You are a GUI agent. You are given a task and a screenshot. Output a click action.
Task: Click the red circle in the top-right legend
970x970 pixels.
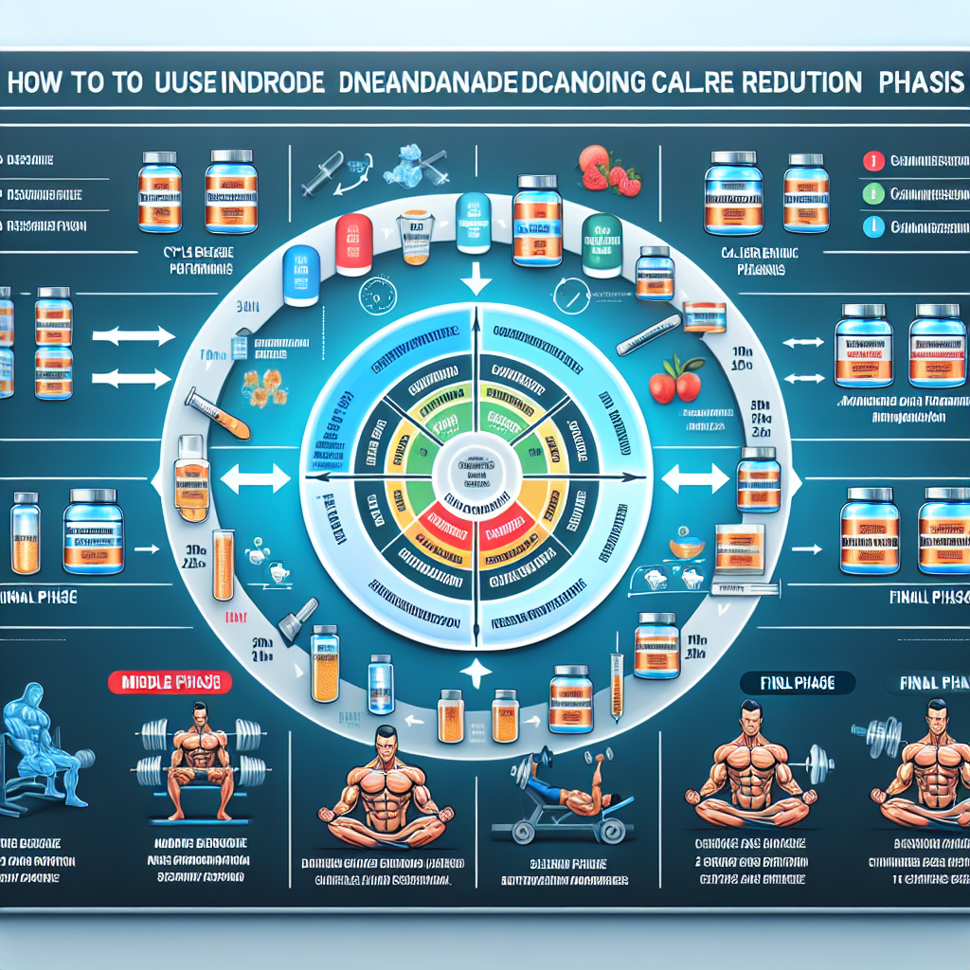click(x=870, y=162)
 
